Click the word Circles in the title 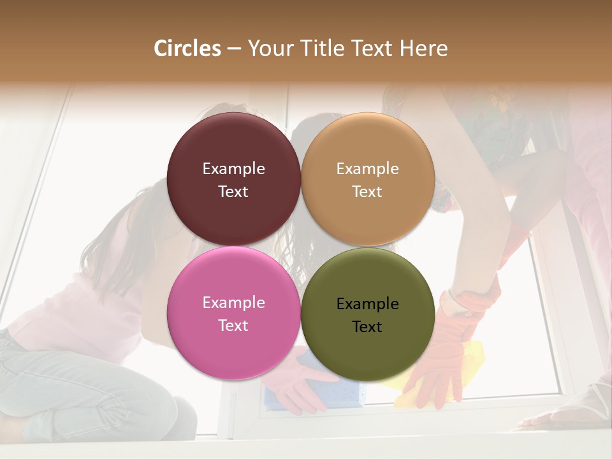187,48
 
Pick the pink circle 233,344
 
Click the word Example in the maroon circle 233,169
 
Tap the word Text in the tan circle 367,192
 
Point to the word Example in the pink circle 233,303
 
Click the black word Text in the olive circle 367,327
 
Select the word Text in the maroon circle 233,192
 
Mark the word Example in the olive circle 367,304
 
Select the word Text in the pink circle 233,326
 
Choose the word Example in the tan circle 367,169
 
